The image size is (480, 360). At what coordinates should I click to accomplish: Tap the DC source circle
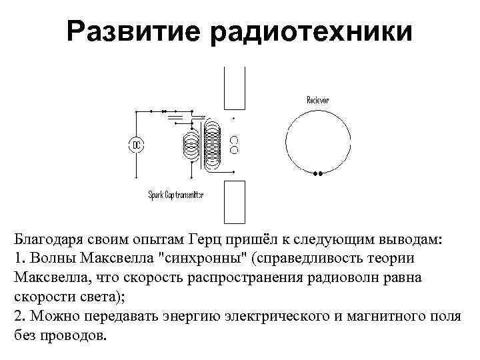pyautogui.click(x=136, y=145)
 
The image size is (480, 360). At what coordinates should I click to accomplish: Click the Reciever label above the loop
pyautogui.click(x=317, y=100)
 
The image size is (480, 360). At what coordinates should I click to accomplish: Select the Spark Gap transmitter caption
pyautogui.click(x=176, y=195)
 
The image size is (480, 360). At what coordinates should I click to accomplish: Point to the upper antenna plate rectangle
pyautogui.click(x=234, y=88)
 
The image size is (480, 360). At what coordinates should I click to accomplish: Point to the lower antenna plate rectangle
pyautogui.click(x=234, y=201)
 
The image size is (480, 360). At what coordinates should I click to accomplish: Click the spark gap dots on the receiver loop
pyautogui.click(x=318, y=174)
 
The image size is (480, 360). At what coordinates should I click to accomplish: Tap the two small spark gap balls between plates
pyautogui.click(x=234, y=145)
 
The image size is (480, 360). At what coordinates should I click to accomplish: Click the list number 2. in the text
pyautogui.click(x=19, y=316)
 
